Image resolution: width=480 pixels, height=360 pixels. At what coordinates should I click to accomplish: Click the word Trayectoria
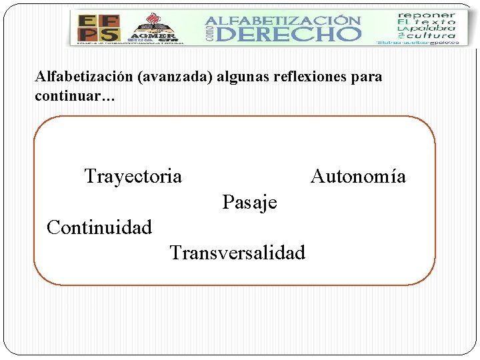point(133,176)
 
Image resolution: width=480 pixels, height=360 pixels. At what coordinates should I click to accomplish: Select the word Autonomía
point(358,176)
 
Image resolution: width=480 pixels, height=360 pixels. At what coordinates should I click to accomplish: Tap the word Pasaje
point(249,201)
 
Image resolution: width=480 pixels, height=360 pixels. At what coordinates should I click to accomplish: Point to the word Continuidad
point(99,227)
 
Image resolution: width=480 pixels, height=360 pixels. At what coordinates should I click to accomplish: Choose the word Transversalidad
point(237,253)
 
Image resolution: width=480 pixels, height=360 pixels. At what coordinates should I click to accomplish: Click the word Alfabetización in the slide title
point(84,77)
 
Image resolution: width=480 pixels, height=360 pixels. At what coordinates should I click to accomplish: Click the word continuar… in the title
point(75,97)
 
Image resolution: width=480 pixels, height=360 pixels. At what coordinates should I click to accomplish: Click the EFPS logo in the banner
point(99,28)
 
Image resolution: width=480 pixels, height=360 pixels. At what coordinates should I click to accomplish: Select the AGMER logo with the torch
point(154,29)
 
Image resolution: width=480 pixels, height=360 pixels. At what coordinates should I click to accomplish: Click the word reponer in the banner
point(426,15)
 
